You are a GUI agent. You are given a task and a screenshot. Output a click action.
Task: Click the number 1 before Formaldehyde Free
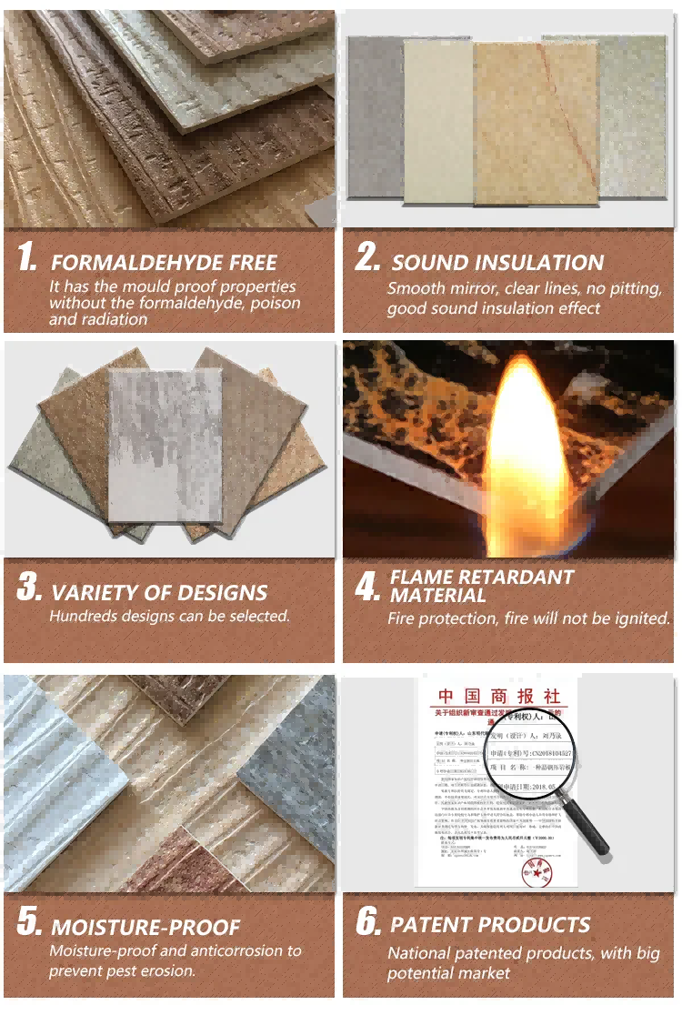click(x=27, y=257)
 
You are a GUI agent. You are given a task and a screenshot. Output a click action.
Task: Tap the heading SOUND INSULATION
click(x=497, y=264)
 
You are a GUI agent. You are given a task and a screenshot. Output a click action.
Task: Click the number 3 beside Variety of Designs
click(x=29, y=588)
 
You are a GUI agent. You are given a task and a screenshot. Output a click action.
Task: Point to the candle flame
click(x=519, y=445)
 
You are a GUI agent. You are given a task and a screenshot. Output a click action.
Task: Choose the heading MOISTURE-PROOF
click(x=145, y=928)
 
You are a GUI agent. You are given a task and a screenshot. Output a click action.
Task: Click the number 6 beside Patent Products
click(x=368, y=923)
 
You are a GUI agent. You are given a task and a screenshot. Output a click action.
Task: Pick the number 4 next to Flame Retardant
click(x=367, y=588)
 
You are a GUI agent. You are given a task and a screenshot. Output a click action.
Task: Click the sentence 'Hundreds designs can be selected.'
click(x=169, y=617)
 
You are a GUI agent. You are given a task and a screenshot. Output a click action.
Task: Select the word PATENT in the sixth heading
click(x=431, y=925)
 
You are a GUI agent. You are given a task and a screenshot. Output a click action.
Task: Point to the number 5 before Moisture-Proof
click(x=29, y=923)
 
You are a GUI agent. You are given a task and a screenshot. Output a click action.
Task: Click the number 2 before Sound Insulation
click(x=367, y=257)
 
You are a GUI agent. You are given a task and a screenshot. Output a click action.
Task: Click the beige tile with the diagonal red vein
click(x=535, y=123)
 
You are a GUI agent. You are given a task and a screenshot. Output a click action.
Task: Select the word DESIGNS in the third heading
click(x=217, y=593)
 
